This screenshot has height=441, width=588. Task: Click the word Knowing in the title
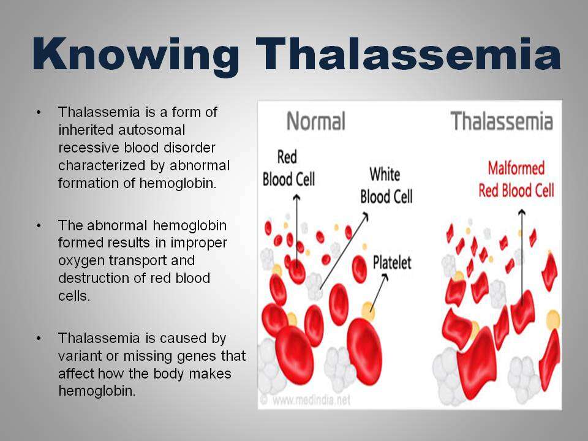pos(136,55)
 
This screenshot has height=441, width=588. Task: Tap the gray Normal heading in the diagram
pos(316,121)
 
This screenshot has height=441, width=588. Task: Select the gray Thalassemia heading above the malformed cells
pos(502,121)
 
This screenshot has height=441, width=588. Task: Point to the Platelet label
pos(392,263)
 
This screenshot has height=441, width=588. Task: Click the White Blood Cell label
pos(386,186)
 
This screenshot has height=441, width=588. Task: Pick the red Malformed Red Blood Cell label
pos(516,179)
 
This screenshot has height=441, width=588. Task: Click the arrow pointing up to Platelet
pos(379,293)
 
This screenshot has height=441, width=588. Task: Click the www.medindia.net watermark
pos(311,400)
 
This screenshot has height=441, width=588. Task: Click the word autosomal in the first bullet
pos(151,130)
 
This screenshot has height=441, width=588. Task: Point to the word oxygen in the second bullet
pos(80,261)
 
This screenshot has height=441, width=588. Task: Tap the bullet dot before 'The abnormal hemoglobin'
pos(39,226)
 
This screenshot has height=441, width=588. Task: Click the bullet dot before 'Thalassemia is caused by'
pos(39,338)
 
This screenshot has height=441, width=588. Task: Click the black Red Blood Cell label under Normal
pos(288,168)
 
